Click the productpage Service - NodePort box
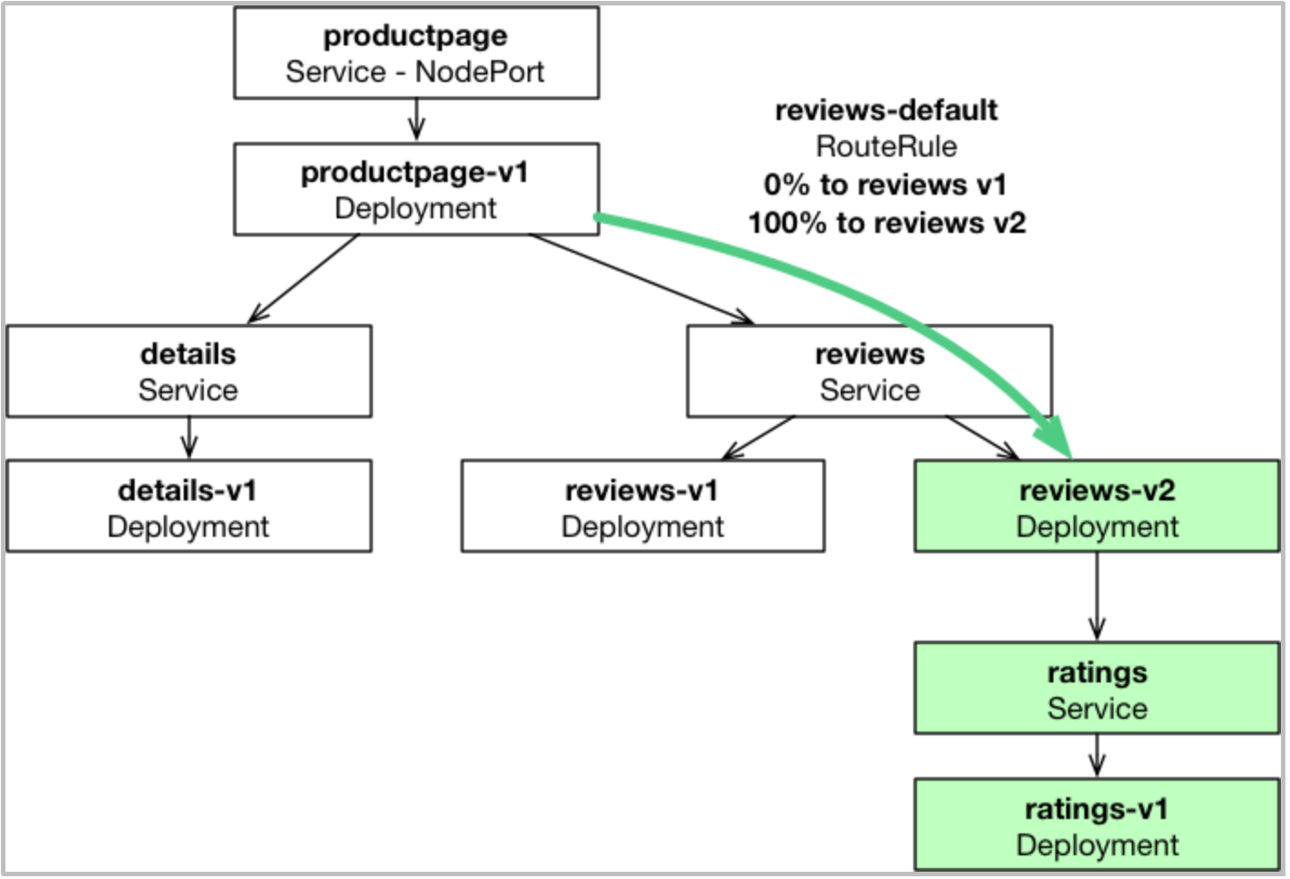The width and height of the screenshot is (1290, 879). coord(417,53)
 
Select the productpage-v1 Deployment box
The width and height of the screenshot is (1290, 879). coord(417,189)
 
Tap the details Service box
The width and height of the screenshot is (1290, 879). coord(189,371)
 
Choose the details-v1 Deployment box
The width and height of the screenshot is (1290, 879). coord(189,506)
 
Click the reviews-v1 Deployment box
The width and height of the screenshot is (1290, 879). coord(642,506)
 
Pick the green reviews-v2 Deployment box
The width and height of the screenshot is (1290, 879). coord(1097,506)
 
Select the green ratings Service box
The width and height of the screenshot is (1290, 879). coord(1097,688)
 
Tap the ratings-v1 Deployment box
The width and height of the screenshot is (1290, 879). coord(1097,824)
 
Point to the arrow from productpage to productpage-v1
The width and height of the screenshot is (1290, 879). coord(417,120)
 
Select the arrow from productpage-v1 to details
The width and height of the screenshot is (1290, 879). coord(304,278)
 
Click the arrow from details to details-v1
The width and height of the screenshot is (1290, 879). coord(189,438)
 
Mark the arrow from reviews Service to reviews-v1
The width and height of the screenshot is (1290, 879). coord(759,438)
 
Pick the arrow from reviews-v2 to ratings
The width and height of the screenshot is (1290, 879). coord(1097,597)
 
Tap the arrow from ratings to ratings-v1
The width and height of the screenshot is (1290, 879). coord(1097,756)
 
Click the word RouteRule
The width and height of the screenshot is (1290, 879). coord(886,146)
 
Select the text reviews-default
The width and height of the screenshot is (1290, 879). coord(886,110)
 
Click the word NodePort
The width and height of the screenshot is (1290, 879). coord(479,72)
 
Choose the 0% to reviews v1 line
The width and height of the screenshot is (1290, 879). coord(885,185)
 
